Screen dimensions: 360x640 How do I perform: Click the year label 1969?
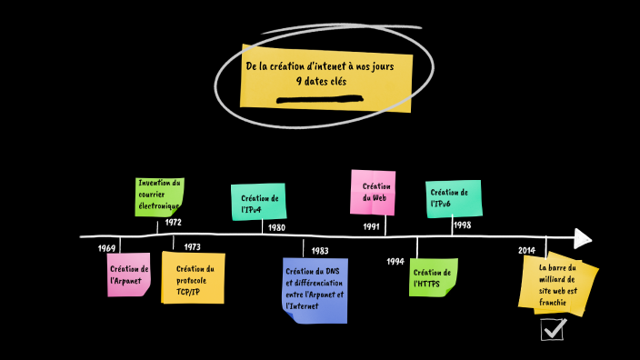tap(107, 248)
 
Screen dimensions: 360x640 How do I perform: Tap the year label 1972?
tap(174, 223)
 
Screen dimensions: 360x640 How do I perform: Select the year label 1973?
tap(192, 247)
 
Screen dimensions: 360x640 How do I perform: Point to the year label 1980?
tap(276, 227)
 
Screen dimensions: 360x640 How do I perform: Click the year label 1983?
tap(319, 250)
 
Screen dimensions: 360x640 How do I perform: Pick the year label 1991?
tap(371, 226)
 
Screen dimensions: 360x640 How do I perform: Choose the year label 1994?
tap(395, 261)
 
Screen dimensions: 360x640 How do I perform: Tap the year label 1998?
tap(462, 225)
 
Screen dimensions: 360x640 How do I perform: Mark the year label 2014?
tap(526, 251)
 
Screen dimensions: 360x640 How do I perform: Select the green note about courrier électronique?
tap(160, 195)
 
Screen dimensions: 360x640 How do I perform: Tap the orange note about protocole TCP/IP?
tap(194, 279)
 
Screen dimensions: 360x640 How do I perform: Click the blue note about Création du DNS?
tap(315, 289)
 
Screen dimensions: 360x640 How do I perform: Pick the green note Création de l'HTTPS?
tap(433, 277)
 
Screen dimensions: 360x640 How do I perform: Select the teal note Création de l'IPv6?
tap(452, 198)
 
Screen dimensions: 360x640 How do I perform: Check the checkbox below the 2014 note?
tap(553, 329)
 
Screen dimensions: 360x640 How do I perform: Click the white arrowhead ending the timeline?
tap(583, 238)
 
